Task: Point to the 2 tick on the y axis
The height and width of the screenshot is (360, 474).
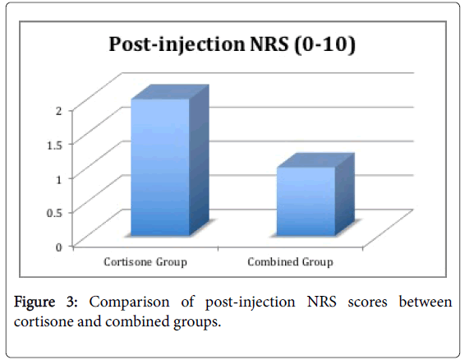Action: click(58, 110)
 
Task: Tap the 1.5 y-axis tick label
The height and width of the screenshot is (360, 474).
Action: click(54, 145)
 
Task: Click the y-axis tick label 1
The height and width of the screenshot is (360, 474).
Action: click(58, 179)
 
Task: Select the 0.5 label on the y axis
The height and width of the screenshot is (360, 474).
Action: click(54, 213)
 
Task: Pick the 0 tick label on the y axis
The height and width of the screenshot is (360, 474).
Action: click(58, 247)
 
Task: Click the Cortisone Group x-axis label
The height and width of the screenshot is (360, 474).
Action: click(145, 262)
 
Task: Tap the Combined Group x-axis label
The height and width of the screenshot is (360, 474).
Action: click(290, 262)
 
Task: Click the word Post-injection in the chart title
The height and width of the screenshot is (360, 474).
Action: click(177, 44)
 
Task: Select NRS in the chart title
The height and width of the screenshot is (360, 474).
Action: click(269, 44)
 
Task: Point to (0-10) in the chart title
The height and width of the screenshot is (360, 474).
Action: click(324, 44)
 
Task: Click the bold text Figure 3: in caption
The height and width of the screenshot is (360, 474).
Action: click(46, 302)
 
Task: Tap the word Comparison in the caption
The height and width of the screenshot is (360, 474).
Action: click(129, 302)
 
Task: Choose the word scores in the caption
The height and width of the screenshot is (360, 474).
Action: click(367, 302)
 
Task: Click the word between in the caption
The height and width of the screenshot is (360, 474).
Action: click(426, 302)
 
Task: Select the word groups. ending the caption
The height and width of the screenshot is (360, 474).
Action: click(197, 322)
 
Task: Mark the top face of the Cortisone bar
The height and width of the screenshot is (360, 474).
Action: click(170, 92)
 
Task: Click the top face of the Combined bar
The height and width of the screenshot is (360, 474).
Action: click(315, 160)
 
